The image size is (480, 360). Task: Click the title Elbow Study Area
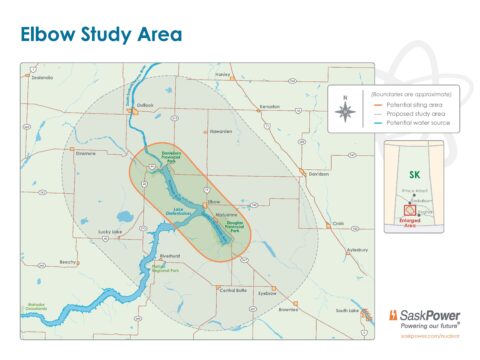coord(101,35)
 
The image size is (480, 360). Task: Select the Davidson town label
coord(317,174)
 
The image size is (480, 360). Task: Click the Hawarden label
coord(220,131)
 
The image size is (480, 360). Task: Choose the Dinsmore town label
coord(84,154)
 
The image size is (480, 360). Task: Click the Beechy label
coord(68,262)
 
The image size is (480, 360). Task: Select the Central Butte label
coord(232,290)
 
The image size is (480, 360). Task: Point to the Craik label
coord(338,224)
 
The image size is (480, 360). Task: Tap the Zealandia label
coord(42,77)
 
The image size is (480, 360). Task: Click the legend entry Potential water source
coord(424,121)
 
